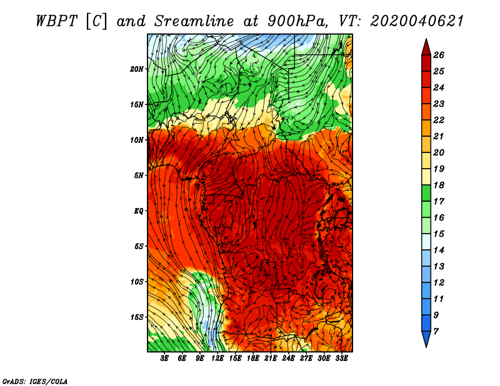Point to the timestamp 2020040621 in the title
417,21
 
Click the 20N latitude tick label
137,69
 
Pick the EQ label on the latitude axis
138,210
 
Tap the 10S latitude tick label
137,282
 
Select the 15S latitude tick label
137,317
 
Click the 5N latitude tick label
139,176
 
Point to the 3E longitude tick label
165,359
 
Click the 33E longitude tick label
342,359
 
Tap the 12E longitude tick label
218,359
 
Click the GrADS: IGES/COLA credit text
34,380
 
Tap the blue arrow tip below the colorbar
425,342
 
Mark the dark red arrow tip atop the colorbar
425,44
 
